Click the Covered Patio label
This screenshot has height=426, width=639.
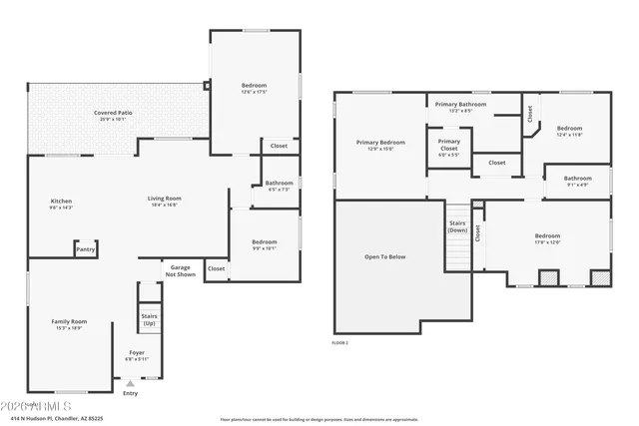click(x=113, y=114)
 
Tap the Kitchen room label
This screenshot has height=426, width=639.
click(x=61, y=201)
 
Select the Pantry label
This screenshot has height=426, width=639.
click(x=87, y=249)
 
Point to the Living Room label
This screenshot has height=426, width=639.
click(x=164, y=199)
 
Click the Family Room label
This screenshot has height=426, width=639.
click(x=69, y=321)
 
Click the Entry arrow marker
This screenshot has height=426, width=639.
click(x=130, y=383)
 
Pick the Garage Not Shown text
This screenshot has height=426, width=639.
click(x=180, y=269)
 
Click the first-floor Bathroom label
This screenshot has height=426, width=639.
click(x=279, y=183)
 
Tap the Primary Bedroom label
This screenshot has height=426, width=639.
click(x=380, y=142)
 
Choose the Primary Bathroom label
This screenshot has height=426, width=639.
click(x=460, y=104)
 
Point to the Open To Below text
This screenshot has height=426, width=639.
click(x=384, y=256)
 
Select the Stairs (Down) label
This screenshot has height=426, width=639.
click(x=457, y=226)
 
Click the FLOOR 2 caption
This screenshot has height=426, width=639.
click(x=341, y=342)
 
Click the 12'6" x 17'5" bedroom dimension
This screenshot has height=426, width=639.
click(x=254, y=93)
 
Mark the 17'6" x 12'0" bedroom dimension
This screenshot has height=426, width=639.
click(x=547, y=241)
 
